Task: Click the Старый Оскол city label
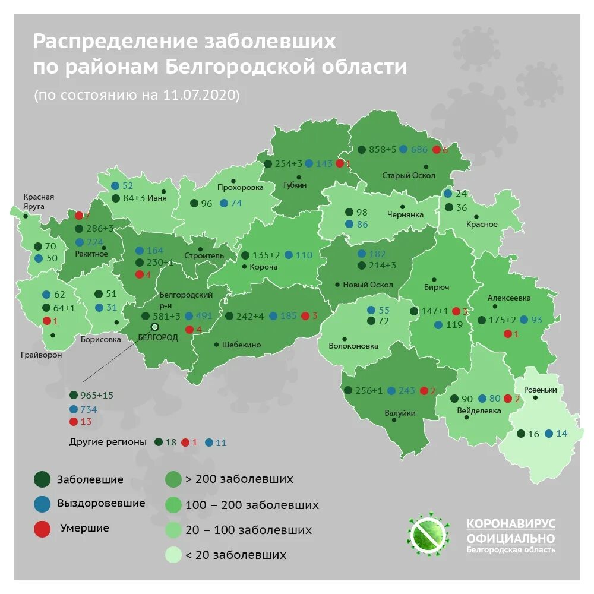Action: click(408, 176)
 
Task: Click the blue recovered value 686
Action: click(419, 150)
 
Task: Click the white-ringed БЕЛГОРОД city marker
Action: click(155, 327)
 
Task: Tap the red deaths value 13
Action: click(86, 422)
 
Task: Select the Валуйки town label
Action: click(399, 413)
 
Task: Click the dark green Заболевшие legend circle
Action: click(42, 479)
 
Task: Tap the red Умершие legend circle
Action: click(42, 529)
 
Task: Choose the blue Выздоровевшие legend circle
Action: click(42, 504)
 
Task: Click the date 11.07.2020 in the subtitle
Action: click(199, 96)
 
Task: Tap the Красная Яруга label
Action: click(39, 201)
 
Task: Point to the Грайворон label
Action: click(40, 355)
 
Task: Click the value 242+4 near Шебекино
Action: click(249, 316)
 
